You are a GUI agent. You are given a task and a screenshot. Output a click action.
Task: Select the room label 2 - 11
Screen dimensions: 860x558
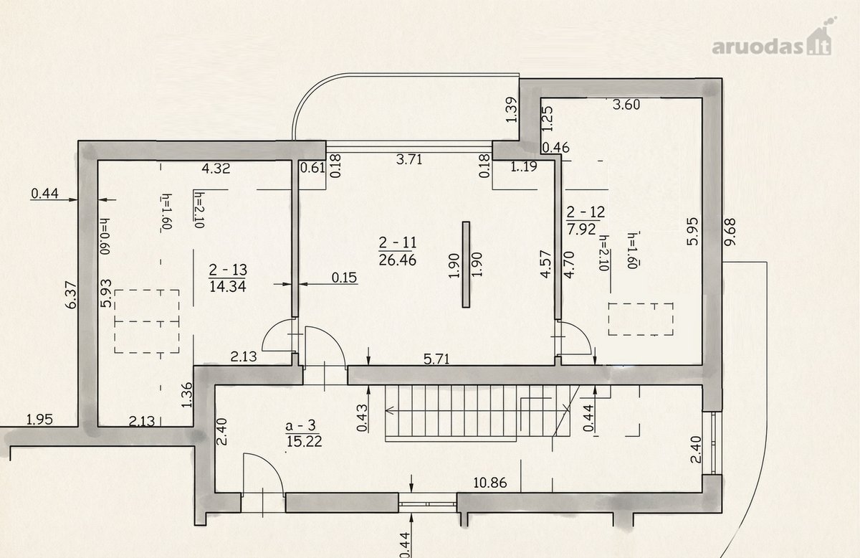397,243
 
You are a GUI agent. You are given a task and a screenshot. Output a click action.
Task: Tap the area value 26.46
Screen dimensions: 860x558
397,260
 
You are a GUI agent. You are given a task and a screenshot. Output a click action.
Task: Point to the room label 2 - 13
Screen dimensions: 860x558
228,270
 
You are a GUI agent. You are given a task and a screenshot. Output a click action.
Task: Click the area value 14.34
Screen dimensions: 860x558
228,286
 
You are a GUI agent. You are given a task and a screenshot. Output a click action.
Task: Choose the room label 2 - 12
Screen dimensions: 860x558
586,212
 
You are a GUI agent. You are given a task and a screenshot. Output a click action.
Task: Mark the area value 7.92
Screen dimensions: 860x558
582,229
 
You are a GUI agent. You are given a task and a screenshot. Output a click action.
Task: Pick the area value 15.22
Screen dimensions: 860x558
304,442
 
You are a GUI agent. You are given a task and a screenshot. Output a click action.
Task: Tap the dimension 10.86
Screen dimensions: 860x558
490,483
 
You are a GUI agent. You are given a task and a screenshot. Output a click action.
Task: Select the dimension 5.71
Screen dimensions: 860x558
436,359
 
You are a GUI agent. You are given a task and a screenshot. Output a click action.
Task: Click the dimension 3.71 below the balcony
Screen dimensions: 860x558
409,159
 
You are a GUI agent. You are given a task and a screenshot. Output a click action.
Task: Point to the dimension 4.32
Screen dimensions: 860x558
216,169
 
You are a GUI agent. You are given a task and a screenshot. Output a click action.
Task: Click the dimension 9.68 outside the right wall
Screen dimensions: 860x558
730,232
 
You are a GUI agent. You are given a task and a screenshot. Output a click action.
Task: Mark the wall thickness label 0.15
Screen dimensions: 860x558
345,278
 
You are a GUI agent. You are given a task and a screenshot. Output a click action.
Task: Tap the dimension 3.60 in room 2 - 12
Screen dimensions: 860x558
626,105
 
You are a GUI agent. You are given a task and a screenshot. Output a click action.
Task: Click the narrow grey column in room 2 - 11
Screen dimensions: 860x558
466,265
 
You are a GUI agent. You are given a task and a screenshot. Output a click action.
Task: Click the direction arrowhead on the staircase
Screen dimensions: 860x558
390,410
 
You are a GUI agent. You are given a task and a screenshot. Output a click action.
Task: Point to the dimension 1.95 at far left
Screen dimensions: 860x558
39,420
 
